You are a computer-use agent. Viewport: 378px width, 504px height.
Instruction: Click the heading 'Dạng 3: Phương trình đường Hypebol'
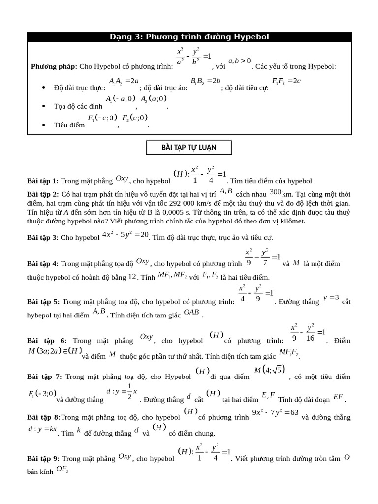(189, 37)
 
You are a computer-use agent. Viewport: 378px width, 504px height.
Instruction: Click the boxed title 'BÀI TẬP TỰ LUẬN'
(189, 147)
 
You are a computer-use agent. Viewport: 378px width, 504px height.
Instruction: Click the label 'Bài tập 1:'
(43, 181)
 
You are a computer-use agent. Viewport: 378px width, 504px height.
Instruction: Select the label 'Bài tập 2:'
(43, 194)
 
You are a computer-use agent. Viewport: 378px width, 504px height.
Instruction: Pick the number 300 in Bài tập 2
(275, 192)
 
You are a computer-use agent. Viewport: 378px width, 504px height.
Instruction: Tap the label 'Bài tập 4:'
(43, 264)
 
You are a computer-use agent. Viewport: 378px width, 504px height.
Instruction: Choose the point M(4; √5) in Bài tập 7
(269, 370)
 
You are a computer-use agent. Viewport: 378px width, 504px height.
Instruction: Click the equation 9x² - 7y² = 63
(275, 412)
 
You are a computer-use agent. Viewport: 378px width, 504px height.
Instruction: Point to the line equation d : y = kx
(42, 430)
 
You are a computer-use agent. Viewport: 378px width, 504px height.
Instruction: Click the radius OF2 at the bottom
(62, 469)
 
